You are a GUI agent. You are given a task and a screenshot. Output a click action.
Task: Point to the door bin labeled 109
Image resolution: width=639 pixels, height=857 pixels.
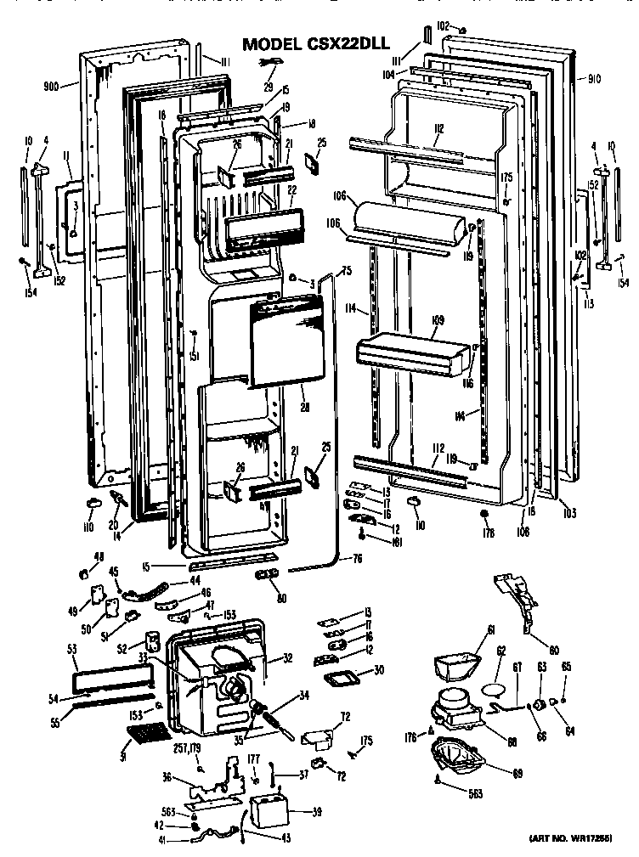click(412, 352)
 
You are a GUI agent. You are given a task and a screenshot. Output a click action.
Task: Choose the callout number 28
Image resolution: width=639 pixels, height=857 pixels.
click(304, 408)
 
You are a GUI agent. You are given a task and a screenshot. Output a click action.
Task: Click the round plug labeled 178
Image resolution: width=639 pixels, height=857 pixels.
click(483, 515)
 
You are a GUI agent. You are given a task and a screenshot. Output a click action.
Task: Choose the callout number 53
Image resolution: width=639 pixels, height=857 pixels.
click(71, 650)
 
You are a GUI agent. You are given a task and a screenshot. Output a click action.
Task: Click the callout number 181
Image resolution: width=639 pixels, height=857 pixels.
click(373, 541)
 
